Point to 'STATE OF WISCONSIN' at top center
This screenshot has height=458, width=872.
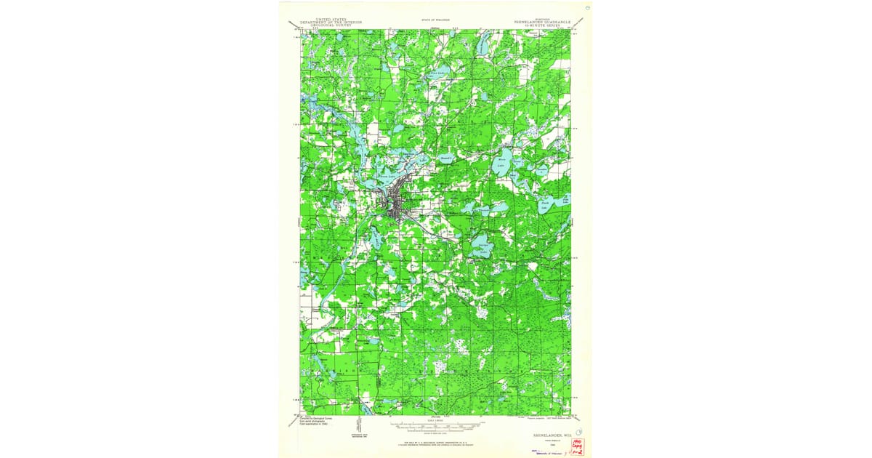(435, 20)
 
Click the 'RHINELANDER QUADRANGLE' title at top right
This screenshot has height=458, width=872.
(543, 21)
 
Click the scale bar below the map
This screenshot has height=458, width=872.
(435, 423)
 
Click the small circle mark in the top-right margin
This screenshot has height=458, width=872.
(587, 9)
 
